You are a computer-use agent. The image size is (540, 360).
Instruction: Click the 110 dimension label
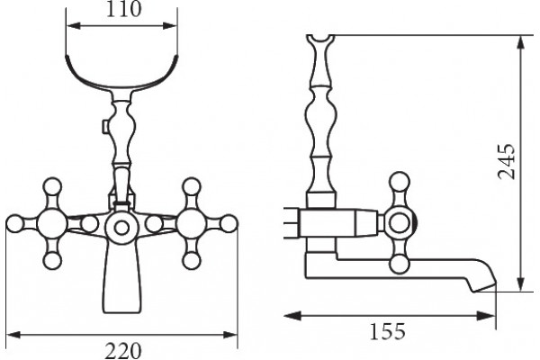[123, 9]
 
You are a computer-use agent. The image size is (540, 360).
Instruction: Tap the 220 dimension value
[123, 351]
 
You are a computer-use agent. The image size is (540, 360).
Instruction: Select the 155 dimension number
[387, 332]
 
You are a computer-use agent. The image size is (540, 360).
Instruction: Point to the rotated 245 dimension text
[506, 161]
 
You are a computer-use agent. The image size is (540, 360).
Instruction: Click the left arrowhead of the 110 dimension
[74, 26]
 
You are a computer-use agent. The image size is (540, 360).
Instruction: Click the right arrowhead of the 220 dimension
[230, 335]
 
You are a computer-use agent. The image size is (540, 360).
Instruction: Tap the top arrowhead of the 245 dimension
[521, 43]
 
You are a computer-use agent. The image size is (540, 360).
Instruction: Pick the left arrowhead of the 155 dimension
[292, 316]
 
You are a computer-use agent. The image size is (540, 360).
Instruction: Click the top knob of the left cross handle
[53, 186]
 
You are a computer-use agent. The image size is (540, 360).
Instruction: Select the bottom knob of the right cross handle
[192, 261]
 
